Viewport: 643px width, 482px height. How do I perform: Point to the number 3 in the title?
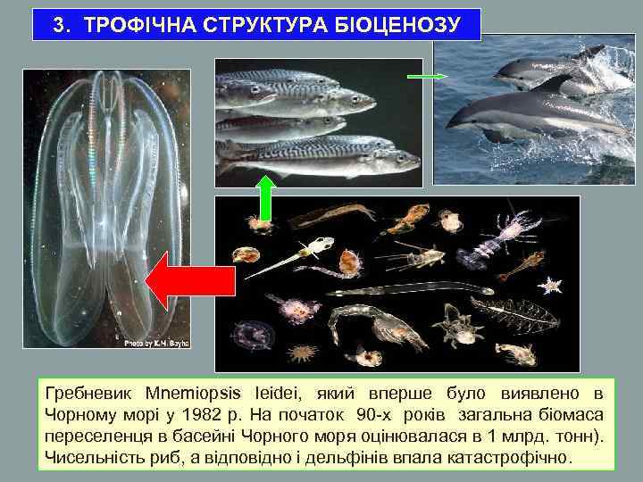pyautogui.click(x=59, y=24)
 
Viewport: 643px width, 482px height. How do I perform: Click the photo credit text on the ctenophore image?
pyautogui.click(x=155, y=342)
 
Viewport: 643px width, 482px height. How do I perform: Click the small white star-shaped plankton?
pyautogui.click(x=551, y=284)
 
